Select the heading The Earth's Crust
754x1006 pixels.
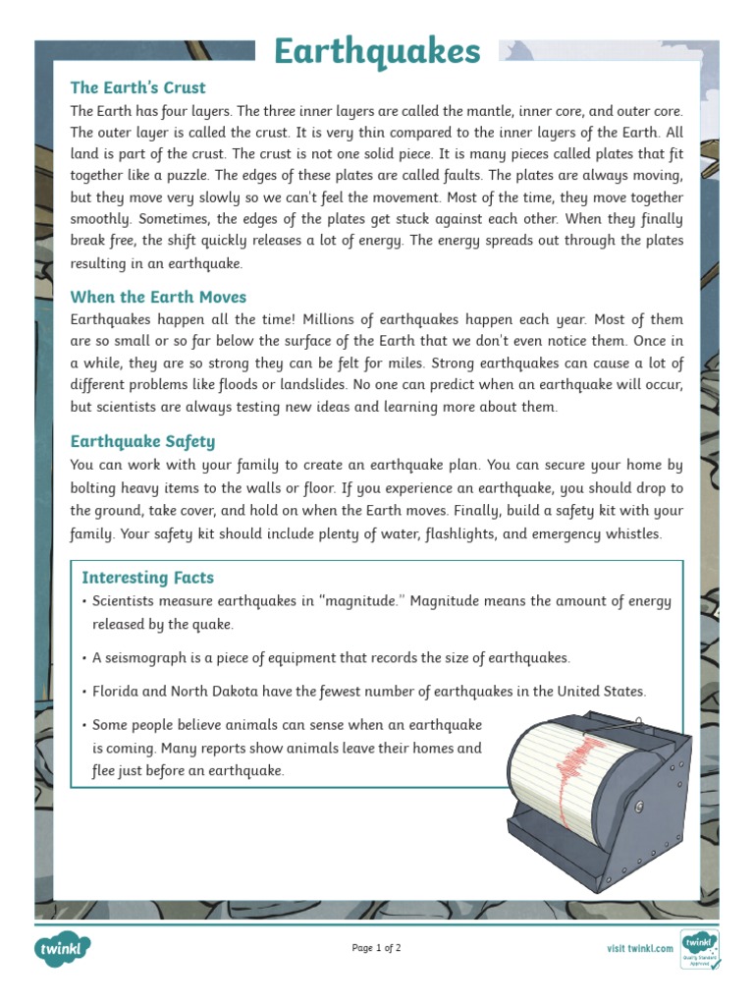[137, 87]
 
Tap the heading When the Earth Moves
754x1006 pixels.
[158, 297]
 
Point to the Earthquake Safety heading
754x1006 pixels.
[142, 441]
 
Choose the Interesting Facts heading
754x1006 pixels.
[147, 578]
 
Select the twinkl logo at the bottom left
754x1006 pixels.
[63, 949]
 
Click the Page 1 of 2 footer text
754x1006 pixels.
[376, 948]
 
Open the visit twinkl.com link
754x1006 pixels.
[640, 948]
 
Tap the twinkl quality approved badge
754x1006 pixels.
[699, 948]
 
